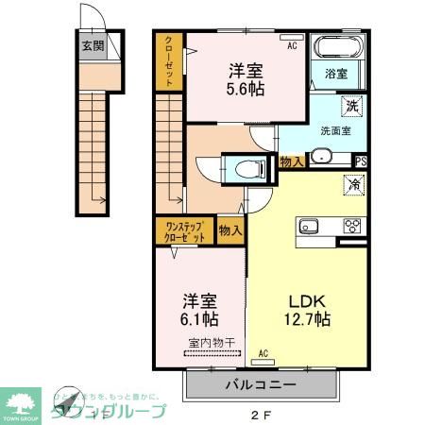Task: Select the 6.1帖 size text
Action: [200, 318]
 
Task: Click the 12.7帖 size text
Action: [306, 319]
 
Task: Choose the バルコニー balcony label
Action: [261, 385]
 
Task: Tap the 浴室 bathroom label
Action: [337, 73]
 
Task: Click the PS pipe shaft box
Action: [361, 161]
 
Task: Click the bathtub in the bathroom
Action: [337, 49]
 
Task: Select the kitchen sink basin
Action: [311, 226]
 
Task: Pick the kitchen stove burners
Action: [352, 226]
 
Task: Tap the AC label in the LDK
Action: [263, 353]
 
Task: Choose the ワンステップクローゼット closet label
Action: [185, 231]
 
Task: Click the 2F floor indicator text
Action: [261, 414]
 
